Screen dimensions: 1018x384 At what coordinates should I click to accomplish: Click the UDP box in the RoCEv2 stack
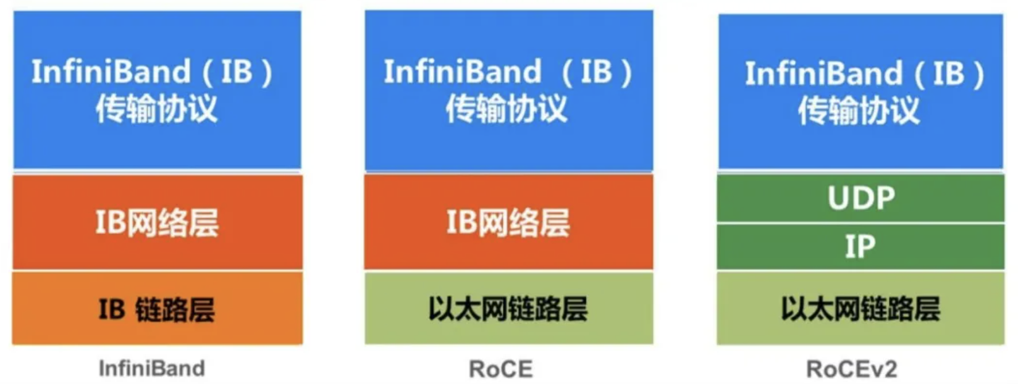pyautogui.click(x=860, y=198)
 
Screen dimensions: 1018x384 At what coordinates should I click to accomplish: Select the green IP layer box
pyautogui.click(x=860, y=247)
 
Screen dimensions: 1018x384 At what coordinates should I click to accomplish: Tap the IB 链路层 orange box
pyautogui.click(x=157, y=309)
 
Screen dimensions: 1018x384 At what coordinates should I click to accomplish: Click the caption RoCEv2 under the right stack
pyautogui.click(x=852, y=369)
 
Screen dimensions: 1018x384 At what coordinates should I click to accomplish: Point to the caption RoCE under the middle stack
pyautogui.click(x=500, y=369)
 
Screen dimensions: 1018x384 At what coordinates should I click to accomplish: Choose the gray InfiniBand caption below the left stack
pyautogui.click(x=152, y=369)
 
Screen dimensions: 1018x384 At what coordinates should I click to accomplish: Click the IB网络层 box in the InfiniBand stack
pyautogui.click(x=157, y=223)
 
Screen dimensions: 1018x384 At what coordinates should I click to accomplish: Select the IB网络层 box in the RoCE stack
pyautogui.click(x=508, y=222)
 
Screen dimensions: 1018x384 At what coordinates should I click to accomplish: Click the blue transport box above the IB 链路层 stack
pyautogui.click(x=157, y=90)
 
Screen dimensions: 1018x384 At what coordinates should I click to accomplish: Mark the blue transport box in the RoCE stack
pyautogui.click(x=508, y=90)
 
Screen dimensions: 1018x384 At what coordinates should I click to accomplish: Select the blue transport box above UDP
pyautogui.click(x=860, y=91)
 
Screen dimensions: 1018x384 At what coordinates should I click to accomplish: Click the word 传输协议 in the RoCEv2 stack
pyautogui.click(x=859, y=112)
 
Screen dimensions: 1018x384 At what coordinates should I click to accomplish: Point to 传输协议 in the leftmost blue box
pyautogui.click(x=156, y=109)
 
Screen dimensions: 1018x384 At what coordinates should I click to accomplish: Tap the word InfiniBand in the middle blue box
pyautogui.click(x=463, y=72)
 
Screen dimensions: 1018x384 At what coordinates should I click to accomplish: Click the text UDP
pyautogui.click(x=861, y=198)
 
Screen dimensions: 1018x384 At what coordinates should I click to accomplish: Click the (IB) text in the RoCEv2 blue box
pyautogui.click(x=949, y=74)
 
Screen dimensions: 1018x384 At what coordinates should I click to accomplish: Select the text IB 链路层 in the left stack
pyautogui.click(x=157, y=309)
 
